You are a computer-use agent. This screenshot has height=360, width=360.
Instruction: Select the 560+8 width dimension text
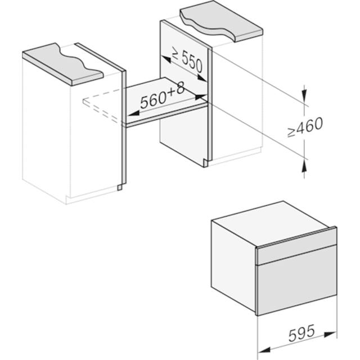pos(163,96)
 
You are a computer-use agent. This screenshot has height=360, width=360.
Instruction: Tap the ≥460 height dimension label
pos(305,127)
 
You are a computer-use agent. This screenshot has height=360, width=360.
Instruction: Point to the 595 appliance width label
pos(301,332)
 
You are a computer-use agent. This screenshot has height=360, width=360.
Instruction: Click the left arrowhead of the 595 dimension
pos(264,350)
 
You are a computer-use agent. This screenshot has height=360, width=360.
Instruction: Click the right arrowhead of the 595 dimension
pos(330,335)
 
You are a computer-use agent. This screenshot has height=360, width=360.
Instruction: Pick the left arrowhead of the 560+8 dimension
pos(133,114)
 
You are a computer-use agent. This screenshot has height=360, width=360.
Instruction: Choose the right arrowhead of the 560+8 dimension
pos(200,96)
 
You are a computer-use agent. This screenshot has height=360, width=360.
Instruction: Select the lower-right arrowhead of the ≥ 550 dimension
pos(202,78)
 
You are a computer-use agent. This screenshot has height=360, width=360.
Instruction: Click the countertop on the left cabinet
pos(62,65)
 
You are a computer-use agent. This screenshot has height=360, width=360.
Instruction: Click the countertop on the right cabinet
pos(221,21)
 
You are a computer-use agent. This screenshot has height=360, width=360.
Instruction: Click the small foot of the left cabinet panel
pos(120,187)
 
